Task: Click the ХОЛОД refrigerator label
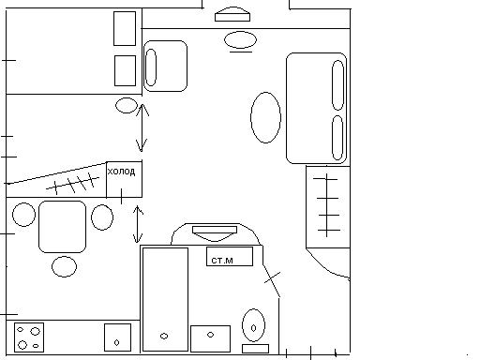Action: pyautogui.click(x=121, y=172)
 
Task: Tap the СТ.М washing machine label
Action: pyautogui.click(x=222, y=261)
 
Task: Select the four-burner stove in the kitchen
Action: pyautogui.click(x=29, y=337)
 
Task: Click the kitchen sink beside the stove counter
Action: pyautogui.click(x=117, y=337)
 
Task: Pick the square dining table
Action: pyautogui.click(x=63, y=227)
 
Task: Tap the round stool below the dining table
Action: pyautogui.click(x=64, y=266)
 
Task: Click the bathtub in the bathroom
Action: pyautogui.click(x=165, y=299)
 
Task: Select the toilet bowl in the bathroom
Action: pyautogui.click(x=253, y=325)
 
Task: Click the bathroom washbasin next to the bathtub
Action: pyautogui.click(x=210, y=338)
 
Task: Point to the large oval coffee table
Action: pyautogui.click(x=265, y=117)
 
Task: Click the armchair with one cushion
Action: pyautogui.click(x=165, y=66)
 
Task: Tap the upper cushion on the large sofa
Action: pyautogui.click(x=337, y=85)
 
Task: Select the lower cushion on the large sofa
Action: pyautogui.click(x=337, y=138)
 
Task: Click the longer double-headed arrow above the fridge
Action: pyautogui.click(x=142, y=127)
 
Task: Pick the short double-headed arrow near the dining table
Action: pyautogui.click(x=138, y=224)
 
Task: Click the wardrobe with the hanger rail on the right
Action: pyautogui.click(x=328, y=207)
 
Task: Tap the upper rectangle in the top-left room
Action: pyautogui.click(x=125, y=29)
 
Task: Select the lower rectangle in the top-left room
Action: pyautogui.click(x=126, y=70)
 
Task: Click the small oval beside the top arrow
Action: pyautogui.click(x=127, y=105)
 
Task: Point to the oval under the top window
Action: pyautogui.click(x=240, y=40)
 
